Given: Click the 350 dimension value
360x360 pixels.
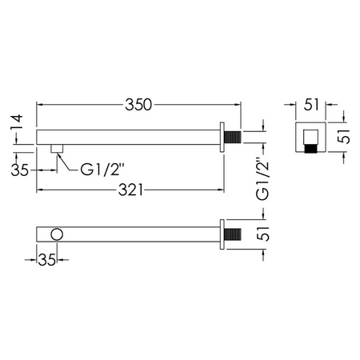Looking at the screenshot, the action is pyautogui.click(x=138, y=105).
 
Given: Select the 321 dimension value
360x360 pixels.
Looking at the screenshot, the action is pyautogui.click(x=130, y=190).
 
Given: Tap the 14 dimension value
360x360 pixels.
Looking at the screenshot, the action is pyautogui.click(x=17, y=122).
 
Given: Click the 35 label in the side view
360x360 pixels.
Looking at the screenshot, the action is pyautogui.click(x=19, y=170).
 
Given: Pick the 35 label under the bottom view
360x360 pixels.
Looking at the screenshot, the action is pyautogui.click(x=47, y=259).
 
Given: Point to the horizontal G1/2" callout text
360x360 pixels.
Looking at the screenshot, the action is pyautogui.click(x=103, y=170).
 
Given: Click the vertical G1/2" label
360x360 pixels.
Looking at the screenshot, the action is pyautogui.click(x=262, y=179).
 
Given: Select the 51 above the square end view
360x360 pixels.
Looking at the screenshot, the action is pyautogui.click(x=311, y=105).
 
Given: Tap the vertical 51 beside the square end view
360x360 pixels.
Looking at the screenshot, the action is pyautogui.click(x=343, y=137).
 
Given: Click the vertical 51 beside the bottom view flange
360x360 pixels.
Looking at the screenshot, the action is pyautogui.click(x=263, y=234).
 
